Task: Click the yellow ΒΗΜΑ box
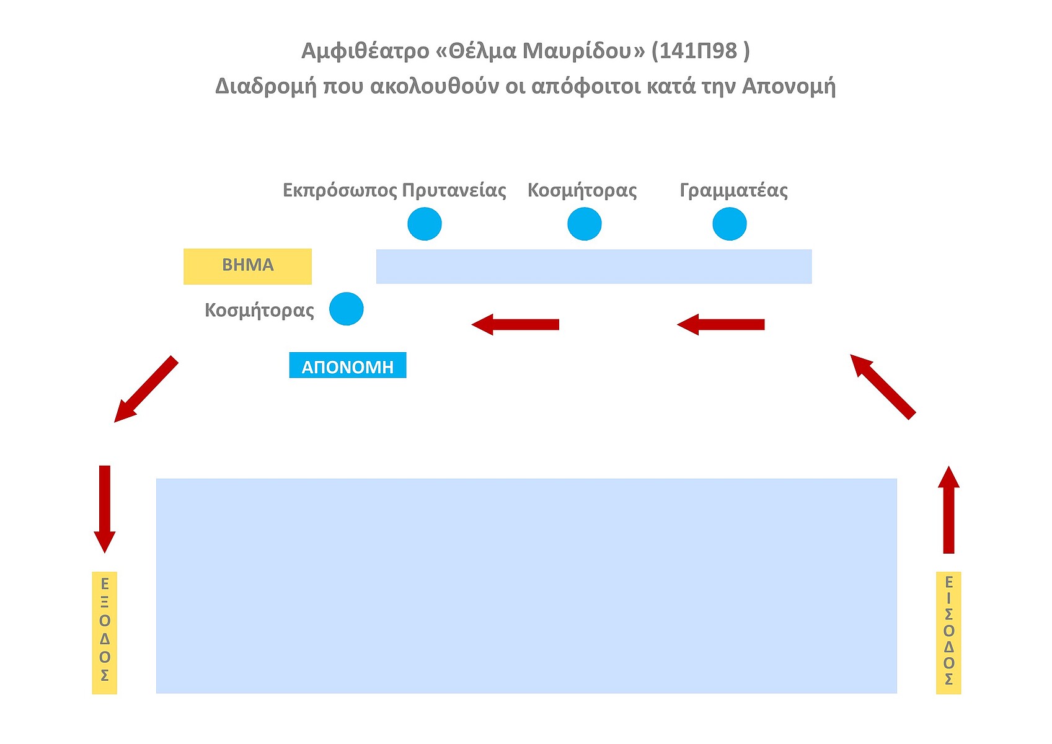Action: pyautogui.click(x=247, y=266)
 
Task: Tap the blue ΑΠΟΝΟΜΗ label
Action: pyautogui.click(x=347, y=366)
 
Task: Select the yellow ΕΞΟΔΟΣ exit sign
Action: pyautogui.click(x=104, y=632)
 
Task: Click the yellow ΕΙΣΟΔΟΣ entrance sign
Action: pyautogui.click(x=948, y=632)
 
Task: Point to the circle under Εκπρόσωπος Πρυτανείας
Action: pyautogui.click(x=425, y=224)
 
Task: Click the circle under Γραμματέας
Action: pyautogui.click(x=729, y=224)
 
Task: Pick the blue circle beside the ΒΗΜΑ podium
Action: pyautogui.click(x=346, y=309)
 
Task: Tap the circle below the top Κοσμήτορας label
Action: pyautogui.click(x=584, y=224)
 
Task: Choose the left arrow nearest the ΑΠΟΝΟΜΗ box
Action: pyautogui.click(x=515, y=324)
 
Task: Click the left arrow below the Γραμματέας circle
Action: pyautogui.click(x=720, y=324)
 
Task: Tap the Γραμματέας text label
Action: pyautogui.click(x=733, y=190)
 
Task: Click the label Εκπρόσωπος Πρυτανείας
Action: pyautogui.click(x=394, y=190)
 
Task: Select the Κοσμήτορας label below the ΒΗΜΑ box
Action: pyautogui.click(x=259, y=310)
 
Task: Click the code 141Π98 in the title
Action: pyautogui.click(x=697, y=51)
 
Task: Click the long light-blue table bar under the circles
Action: pyautogui.click(x=593, y=267)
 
